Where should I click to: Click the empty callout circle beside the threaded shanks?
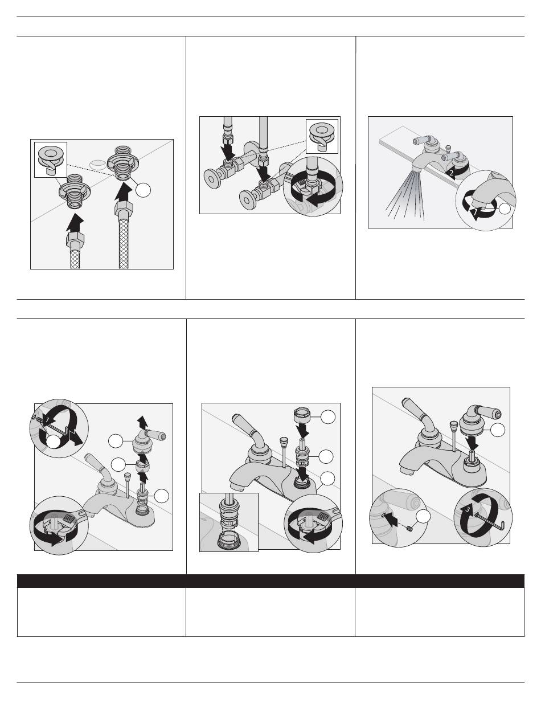tap(143, 190)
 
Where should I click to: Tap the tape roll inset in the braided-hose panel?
tap(51, 160)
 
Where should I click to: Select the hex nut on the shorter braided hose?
tap(75, 240)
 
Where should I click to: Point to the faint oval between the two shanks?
tap(97, 164)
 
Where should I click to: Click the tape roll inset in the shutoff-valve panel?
tap(322, 136)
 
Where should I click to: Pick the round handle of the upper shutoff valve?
tap(211, 178)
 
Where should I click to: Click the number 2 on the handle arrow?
tap(452, 173)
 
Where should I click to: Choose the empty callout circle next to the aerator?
tap(505, 209)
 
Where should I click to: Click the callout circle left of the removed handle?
tap(116, 441)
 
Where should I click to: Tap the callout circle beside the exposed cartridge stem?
tap(162, 496)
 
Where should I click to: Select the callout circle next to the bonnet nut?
tap(327, 417)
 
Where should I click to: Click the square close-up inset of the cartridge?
tap(229, 522)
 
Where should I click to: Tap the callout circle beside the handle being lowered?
tap(498, 430)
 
